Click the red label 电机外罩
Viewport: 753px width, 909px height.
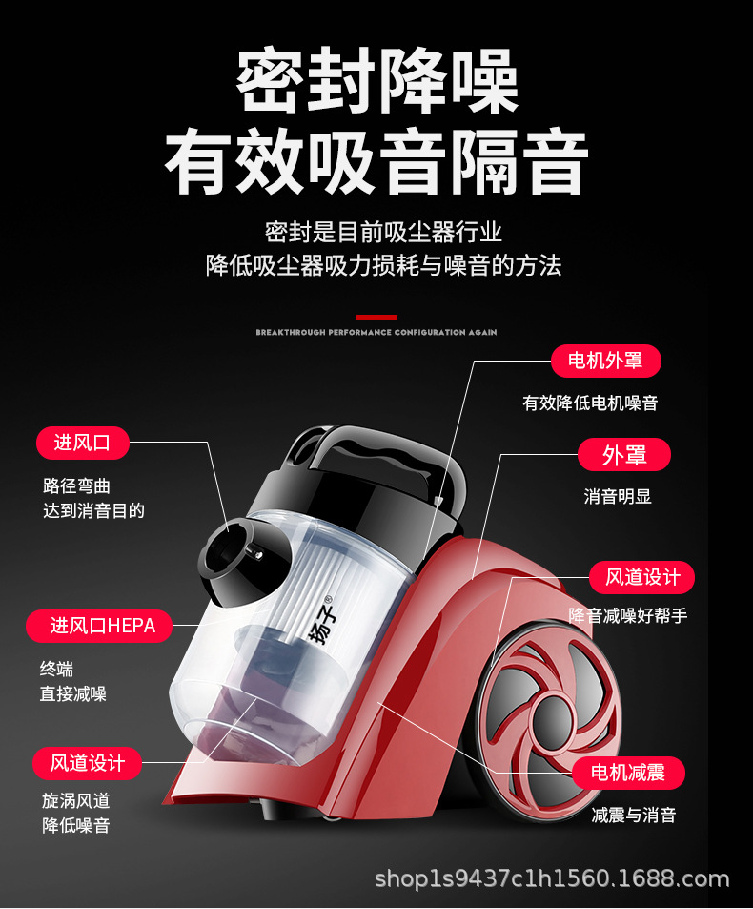coord(605,361)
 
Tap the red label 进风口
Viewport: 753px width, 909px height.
coord(82,443)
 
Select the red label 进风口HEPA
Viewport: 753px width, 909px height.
coord(99,626)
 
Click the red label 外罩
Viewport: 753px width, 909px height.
coord(624,455)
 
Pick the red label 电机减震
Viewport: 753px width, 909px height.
coord(628,773)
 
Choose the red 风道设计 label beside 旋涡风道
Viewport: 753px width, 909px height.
coord(87,763)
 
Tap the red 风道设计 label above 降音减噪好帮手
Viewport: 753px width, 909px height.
coord(642,577)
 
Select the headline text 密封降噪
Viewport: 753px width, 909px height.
coord(376,83)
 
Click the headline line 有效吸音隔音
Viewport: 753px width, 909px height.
coord(376,163)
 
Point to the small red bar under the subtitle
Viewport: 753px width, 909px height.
coord(376,317)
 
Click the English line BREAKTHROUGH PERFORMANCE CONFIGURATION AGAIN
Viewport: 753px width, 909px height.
coord(376,333)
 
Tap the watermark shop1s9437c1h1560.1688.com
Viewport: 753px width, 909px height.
coord(552,878)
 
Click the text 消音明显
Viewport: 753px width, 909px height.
coord(618,497)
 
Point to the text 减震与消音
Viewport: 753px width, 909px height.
coord(634,816)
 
